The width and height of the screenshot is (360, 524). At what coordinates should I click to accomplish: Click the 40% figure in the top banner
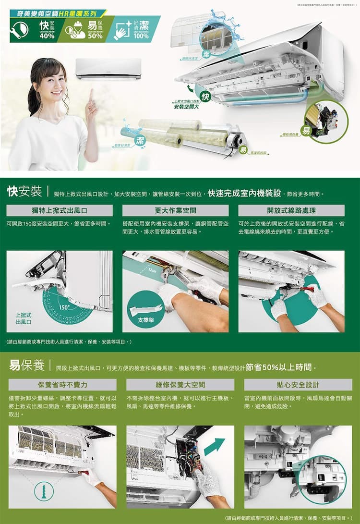47,36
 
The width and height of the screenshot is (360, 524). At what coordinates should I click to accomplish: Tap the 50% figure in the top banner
95,36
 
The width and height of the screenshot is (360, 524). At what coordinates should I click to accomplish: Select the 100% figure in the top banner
141,36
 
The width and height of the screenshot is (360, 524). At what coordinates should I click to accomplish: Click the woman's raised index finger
91,94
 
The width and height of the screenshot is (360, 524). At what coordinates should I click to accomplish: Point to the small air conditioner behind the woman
108,68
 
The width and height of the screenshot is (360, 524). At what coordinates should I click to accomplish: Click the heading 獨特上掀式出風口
60,210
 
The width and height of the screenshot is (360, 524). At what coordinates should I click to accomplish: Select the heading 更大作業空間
175,210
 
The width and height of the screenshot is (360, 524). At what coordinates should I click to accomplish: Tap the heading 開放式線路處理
291,210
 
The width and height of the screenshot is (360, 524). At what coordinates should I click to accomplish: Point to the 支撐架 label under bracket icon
143,319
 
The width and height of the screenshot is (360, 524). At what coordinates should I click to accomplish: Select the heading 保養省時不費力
62,385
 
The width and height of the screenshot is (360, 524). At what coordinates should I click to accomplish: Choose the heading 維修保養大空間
180,385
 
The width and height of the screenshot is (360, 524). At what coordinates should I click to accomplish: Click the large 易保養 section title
27,366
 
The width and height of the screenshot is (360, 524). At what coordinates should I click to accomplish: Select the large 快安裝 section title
24,192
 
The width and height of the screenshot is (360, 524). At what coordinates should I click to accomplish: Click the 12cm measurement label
152,271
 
